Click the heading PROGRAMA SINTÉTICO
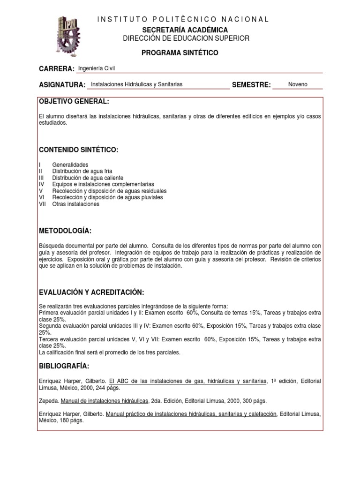[180, 53]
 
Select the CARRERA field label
[57, 69]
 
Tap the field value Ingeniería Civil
[96, 68]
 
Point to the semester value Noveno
[298, 84]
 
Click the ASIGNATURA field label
[62, 85]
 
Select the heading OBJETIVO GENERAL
[74, 102]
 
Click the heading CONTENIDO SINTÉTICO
[78, 150]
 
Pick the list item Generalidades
[70, 165]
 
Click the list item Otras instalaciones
[76, 204]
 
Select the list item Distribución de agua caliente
[88, 178]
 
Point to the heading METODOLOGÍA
[65, 231]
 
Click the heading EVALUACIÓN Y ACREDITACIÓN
[91, 292]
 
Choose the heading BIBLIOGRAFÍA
[64, 366]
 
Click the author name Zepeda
[49, 401]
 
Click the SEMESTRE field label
[251, 85]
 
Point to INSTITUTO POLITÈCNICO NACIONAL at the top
[183, 19]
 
